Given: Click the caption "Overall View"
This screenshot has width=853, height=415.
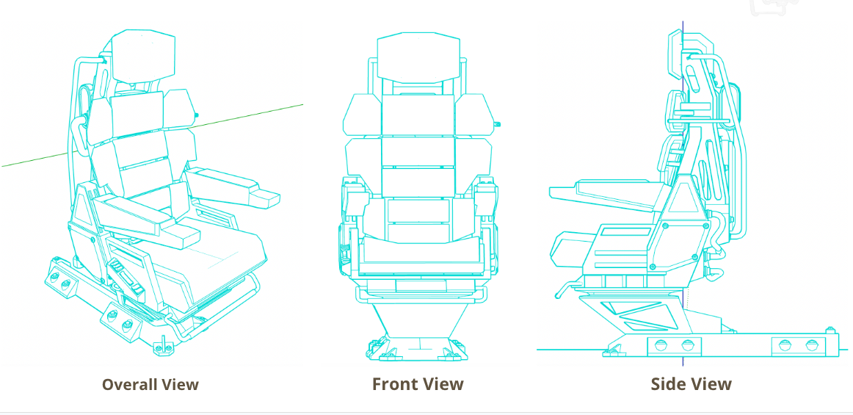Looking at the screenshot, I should point(150,384).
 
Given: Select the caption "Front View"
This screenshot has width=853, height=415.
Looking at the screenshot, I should point(418,383).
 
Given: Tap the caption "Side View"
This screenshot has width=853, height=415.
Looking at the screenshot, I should point(691,383).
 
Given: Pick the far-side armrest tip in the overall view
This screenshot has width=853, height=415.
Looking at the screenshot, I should point(266,198).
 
